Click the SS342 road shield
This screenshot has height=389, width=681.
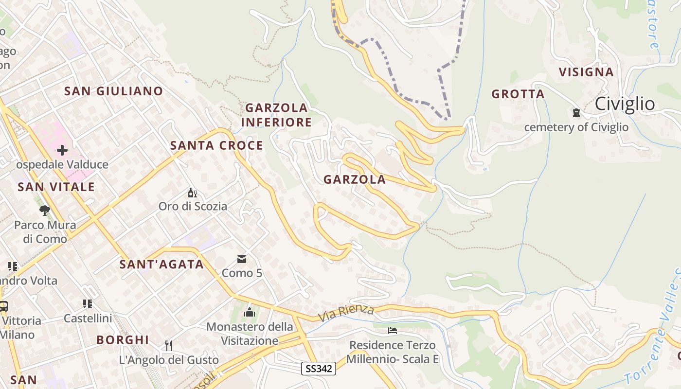[x=319, y=369]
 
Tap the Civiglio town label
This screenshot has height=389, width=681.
[x=625, y=104]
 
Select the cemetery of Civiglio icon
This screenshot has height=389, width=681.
[x=576, y=113]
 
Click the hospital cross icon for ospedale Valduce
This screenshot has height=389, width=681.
[x=62, y=150]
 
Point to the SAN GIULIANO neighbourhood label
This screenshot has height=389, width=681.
[x=114, y=91]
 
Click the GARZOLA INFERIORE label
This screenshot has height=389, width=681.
[x=276, y=115]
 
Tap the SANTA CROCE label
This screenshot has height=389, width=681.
[x=216, y=145]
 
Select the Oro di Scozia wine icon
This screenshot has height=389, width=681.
[x=192, y=193]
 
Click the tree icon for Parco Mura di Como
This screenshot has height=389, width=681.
[x=45, y=211]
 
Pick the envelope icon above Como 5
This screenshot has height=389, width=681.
[x=242, y=259]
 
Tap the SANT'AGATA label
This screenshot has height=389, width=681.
[x=161, y=265]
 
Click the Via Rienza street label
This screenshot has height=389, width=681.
[x=346, y=312]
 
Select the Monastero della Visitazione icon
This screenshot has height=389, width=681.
[x=250, y=312]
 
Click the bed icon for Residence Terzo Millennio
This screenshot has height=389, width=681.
[x=393, y=331]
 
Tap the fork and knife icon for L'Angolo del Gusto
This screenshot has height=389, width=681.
[x=169, y=346]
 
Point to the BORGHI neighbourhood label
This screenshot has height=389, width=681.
[x=123, y=340]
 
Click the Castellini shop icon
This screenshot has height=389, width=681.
[x=88, y=304]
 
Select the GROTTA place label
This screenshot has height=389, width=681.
[x=518, y=94]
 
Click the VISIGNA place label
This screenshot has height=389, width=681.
[x=586, y=72]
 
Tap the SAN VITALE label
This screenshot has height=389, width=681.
[x=56, y=187]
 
